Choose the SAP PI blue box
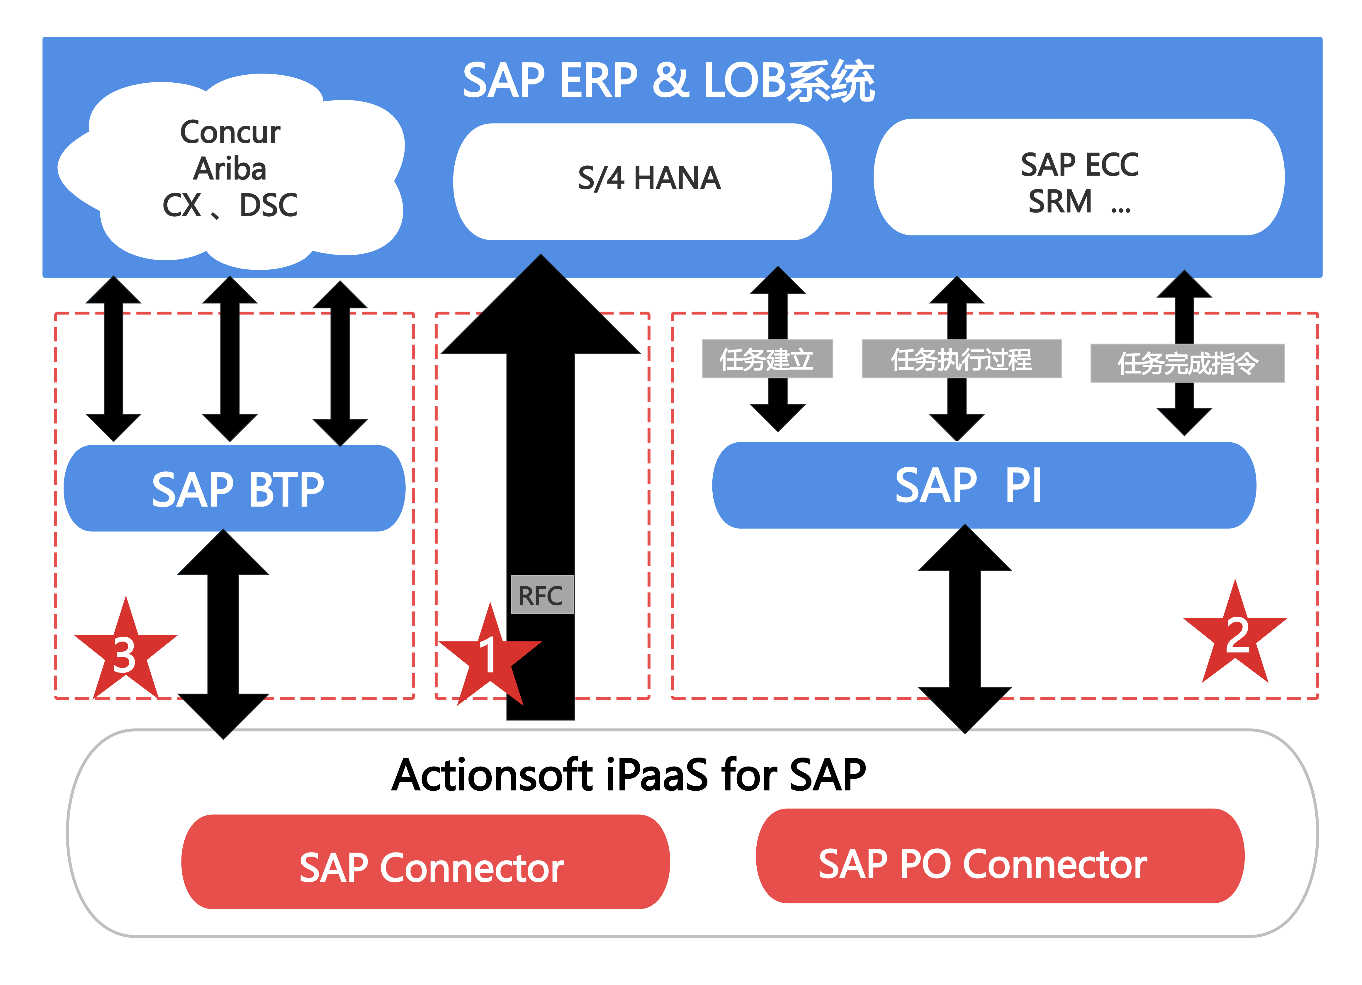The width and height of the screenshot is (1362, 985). click(984, 485)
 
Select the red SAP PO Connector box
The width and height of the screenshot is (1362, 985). click(1000, 856)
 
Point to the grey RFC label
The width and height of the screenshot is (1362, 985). click(542, 595)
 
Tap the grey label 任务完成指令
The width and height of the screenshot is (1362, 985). click(1187, 363)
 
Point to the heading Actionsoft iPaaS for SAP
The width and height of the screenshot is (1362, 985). click(628, 775)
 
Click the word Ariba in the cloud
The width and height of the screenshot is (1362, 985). click(230, 169)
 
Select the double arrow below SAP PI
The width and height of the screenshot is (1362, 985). click(965, 629)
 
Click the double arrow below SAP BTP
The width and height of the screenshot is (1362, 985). click(223, 634)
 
